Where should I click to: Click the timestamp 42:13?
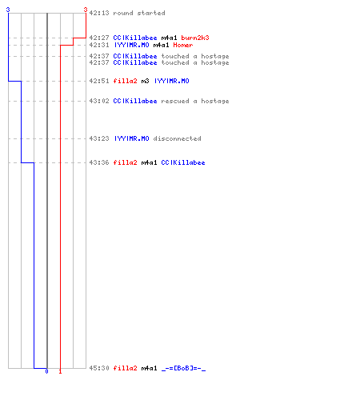click(x=99, y=13)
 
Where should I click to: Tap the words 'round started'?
click(x=139, y=13)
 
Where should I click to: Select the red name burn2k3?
click(x=195, y=38)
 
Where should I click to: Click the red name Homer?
click(x=183, y=45)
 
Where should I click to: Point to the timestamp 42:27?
click(x=99, y=38)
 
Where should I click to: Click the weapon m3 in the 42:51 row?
click(x=145, y=81)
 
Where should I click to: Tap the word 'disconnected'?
click(x=177, y=138)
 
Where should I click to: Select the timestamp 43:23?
click(x=99, y=138)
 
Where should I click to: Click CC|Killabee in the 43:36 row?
click(x=183, y=162)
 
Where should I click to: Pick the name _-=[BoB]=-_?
click(x=183, y=368)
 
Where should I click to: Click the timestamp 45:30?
click(x=99, y=368)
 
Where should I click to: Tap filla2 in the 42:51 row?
click(x=125, y=81)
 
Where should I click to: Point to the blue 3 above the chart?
click(x=8, y=10)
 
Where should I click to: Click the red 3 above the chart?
click(x=86, y=10)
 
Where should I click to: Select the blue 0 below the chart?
click(x=46, y=371)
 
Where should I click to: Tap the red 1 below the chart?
click(x=60, y=371)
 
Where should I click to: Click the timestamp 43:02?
click(x=99, y=101)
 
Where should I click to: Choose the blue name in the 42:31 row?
click(x=131, y=45)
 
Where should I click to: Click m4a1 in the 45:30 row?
click(x=149, y=368)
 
